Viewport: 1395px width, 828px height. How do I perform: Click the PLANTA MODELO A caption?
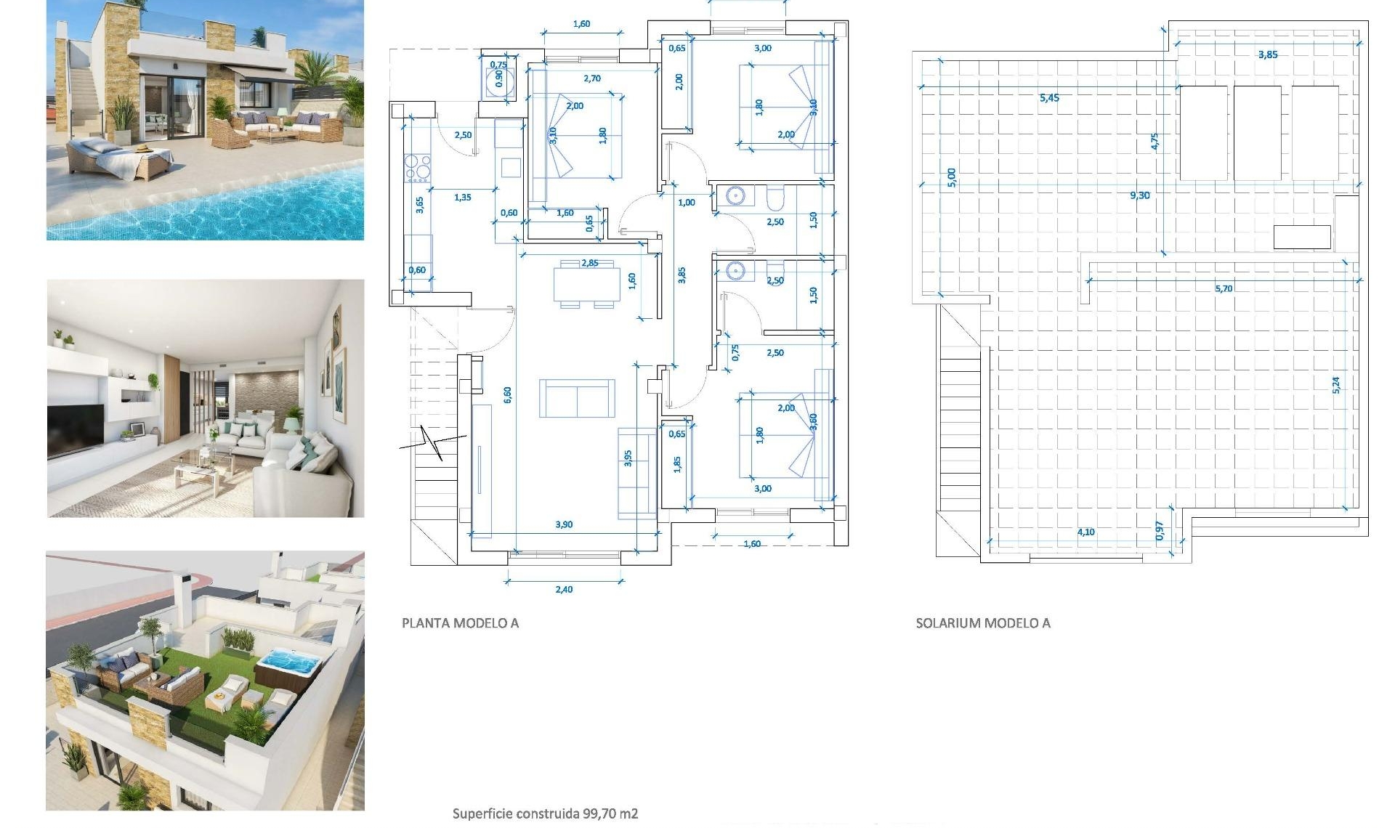click(x=460, y=622)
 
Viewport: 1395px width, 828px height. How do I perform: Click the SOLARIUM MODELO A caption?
click(x=982, y=622)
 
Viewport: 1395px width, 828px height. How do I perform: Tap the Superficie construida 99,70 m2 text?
click(x=545, y=813)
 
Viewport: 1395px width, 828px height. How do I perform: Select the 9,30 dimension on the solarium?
click(x=1139, y=195)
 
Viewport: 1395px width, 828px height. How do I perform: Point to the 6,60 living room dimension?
click(x=507, y=394)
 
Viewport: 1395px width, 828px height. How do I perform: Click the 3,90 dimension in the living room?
click(x=563, y=524)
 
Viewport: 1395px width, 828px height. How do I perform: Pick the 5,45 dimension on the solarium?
click(x=1049, y=97)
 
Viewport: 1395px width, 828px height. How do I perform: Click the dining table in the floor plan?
click(x=586, y=284)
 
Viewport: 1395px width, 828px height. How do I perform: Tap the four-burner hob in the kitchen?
click(x=417, y=168)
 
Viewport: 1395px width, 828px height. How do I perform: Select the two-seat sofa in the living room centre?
click(x=577, y=398)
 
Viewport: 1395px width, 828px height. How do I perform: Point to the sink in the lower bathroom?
click(x=735, y=272)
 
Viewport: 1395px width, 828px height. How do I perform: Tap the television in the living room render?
click(x=76, y=429)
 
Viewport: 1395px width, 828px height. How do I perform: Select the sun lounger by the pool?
click(x=120, y=159)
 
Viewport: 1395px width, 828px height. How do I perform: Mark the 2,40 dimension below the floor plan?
click(x=563, y=589)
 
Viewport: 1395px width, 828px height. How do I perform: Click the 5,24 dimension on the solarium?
click(x=1335, y=385)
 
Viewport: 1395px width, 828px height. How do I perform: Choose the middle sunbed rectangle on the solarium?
click(x=1257, y=133)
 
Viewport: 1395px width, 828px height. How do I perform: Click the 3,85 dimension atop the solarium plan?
click(x=1267, y=54)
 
